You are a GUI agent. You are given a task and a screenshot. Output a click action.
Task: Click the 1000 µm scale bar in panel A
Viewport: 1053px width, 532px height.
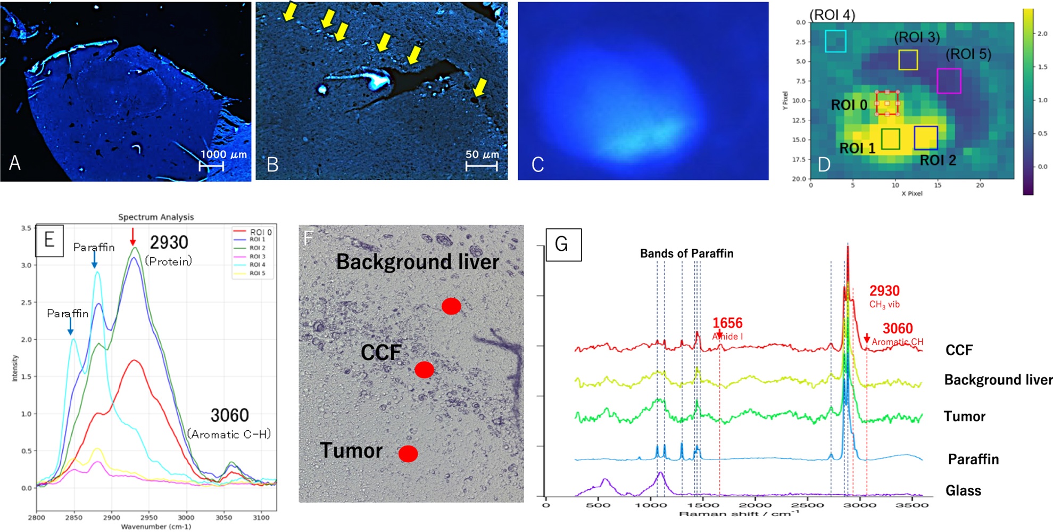211,166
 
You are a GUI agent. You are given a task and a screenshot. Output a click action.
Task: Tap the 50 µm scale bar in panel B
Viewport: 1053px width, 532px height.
482,166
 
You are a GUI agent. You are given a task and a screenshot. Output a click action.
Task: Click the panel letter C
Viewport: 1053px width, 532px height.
537,165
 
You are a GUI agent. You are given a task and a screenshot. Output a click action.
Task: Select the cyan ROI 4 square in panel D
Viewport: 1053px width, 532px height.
835,41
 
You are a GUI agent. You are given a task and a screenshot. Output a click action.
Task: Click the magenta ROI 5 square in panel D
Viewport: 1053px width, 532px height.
949,81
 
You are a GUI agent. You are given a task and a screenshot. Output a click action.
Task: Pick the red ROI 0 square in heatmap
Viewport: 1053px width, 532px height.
887,103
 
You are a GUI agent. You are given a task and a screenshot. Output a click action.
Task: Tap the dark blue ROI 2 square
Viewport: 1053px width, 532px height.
925,138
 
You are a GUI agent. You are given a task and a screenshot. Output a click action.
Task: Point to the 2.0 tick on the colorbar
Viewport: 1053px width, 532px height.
1042,34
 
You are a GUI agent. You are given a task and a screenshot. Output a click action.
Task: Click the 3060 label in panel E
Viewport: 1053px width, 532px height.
229,415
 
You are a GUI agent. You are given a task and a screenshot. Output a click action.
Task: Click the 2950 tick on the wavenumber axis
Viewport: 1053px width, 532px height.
148,517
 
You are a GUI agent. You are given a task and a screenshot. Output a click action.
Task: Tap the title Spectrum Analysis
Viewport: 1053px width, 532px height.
156,217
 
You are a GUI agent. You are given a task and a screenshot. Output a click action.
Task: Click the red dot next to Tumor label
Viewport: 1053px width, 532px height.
408,454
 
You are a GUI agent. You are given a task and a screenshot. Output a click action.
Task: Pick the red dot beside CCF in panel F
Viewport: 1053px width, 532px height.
424,370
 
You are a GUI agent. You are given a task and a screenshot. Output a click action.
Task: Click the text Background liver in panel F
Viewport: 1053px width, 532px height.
418,262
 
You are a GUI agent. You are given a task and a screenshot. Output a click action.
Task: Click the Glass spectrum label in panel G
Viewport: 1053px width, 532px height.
963,490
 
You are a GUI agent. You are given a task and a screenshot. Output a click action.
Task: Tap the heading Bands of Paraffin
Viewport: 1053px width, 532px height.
686,253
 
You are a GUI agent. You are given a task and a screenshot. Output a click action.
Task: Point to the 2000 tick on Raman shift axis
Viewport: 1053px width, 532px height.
754,505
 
